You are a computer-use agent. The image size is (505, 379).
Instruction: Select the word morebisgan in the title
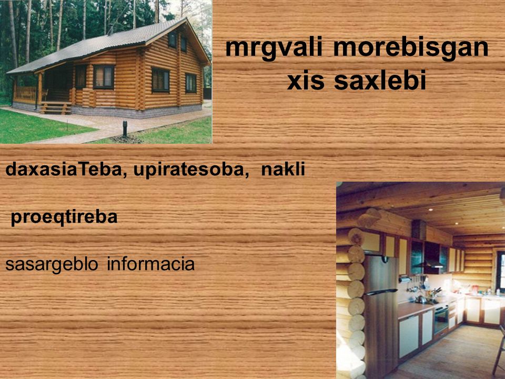[411, 48]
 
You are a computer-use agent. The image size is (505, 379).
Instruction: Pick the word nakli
[283, 169]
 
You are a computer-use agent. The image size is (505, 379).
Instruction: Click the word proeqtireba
[64, 217]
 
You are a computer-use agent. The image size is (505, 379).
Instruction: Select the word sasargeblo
[52, 264]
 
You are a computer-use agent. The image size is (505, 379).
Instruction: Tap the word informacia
[151, 264]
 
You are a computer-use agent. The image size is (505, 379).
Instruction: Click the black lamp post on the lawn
[125, 128]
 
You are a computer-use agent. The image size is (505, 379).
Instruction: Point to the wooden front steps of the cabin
[55, 107]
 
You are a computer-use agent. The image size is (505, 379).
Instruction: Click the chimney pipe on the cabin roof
[110, 29]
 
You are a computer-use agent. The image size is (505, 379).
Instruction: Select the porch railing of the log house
[25, 94]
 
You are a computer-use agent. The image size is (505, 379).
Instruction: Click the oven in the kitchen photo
[441, 318]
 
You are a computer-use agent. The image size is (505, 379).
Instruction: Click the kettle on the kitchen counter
[421, 299]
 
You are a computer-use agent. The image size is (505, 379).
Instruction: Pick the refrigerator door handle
[381, 292]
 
